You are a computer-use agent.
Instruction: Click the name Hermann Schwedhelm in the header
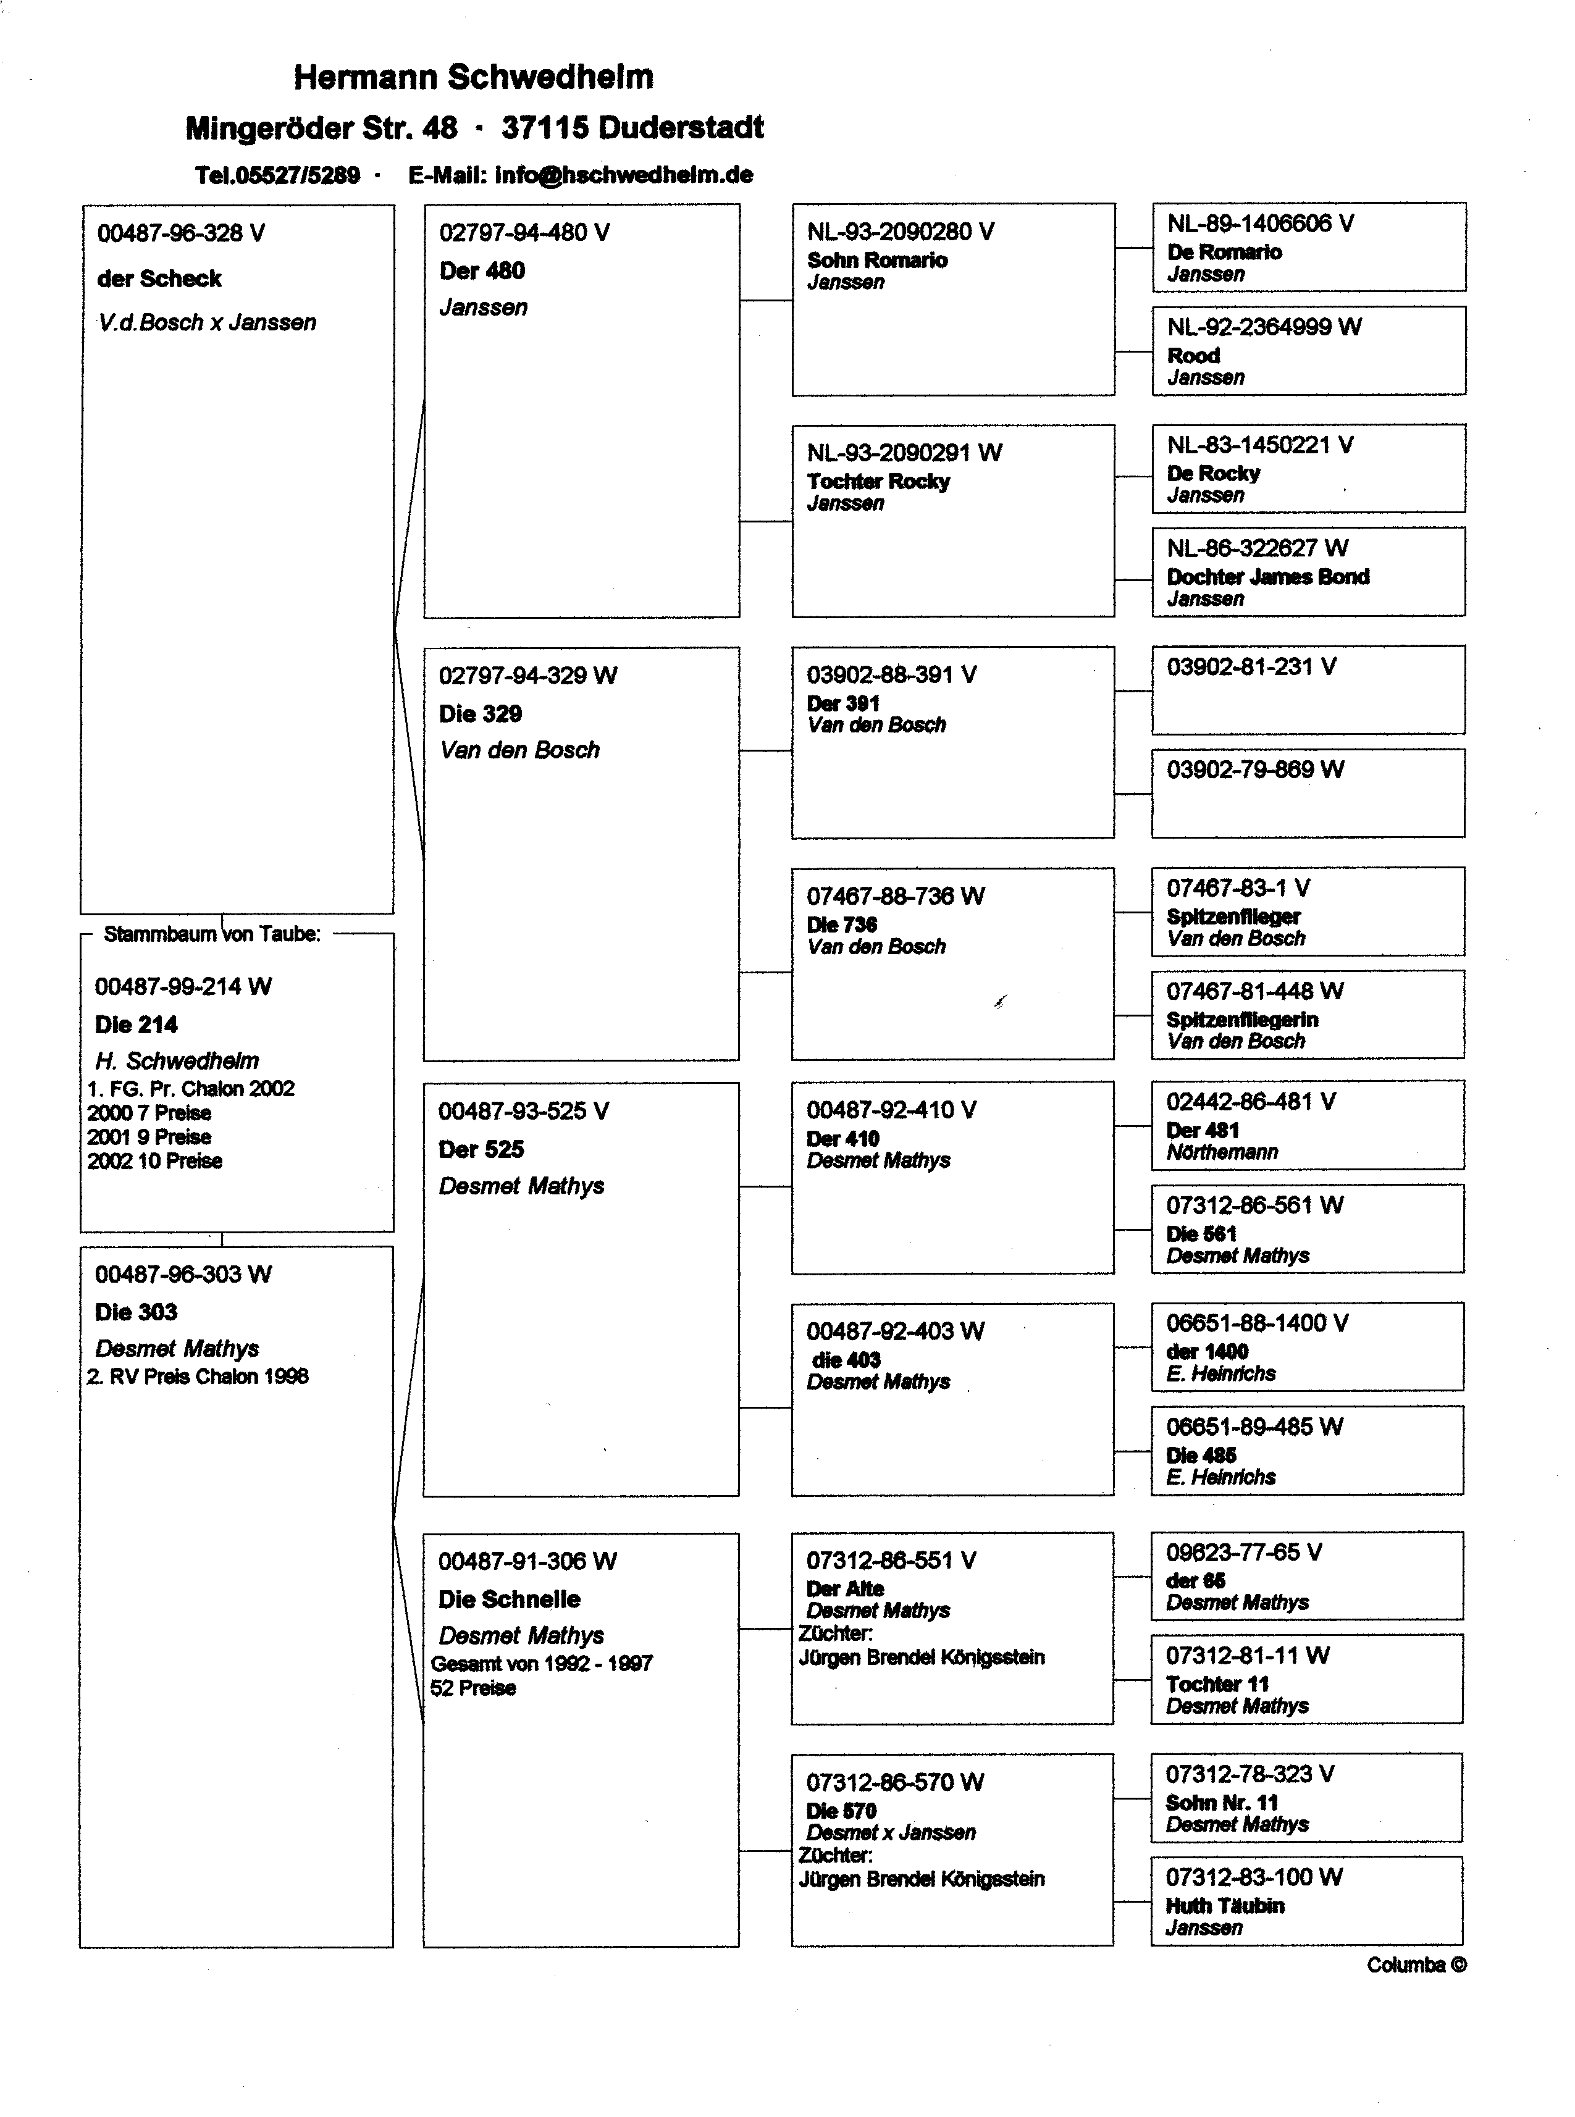473,77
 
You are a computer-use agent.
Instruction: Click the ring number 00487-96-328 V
181,233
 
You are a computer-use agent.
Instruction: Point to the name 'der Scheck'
159,279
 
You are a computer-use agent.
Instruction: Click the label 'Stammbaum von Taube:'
212,934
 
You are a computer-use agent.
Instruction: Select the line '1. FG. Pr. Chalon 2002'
191,1089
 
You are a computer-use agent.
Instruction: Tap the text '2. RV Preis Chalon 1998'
198,1377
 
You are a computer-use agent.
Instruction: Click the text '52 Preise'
473,1688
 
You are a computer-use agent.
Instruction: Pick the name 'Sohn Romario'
877,260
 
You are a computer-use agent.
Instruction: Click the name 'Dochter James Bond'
1268,577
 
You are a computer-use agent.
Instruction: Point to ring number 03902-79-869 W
1254,770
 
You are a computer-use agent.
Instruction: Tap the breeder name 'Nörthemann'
1222,1152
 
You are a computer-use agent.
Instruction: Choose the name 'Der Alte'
845,1589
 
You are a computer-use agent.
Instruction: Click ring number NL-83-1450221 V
1259,445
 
